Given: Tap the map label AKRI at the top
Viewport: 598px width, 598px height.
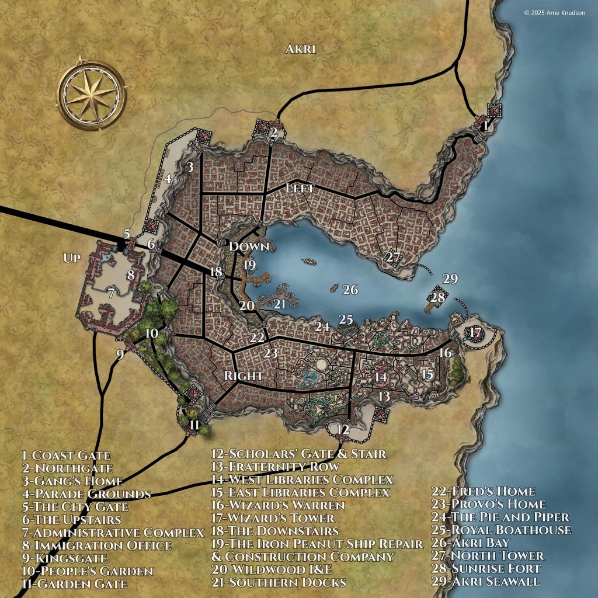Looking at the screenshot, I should (300, 49).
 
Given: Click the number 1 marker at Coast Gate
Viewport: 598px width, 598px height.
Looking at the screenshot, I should (484, 124).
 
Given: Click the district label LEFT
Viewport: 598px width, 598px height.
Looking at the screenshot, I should (301, 189).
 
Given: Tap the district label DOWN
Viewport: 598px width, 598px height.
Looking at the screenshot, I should (249, 246).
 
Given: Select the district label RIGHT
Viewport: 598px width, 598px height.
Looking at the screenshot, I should (243, 376).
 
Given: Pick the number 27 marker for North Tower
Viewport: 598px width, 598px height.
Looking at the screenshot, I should (393, 257).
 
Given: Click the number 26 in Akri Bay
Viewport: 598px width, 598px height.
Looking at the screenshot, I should (350, 289).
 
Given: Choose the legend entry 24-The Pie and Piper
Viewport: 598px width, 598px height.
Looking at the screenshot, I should (500, 517).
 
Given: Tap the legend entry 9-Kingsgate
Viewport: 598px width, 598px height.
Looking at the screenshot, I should (64, 558).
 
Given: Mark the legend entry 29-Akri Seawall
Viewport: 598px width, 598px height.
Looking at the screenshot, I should (486, 581).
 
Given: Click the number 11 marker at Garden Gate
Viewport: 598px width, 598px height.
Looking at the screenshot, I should (194, 425).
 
